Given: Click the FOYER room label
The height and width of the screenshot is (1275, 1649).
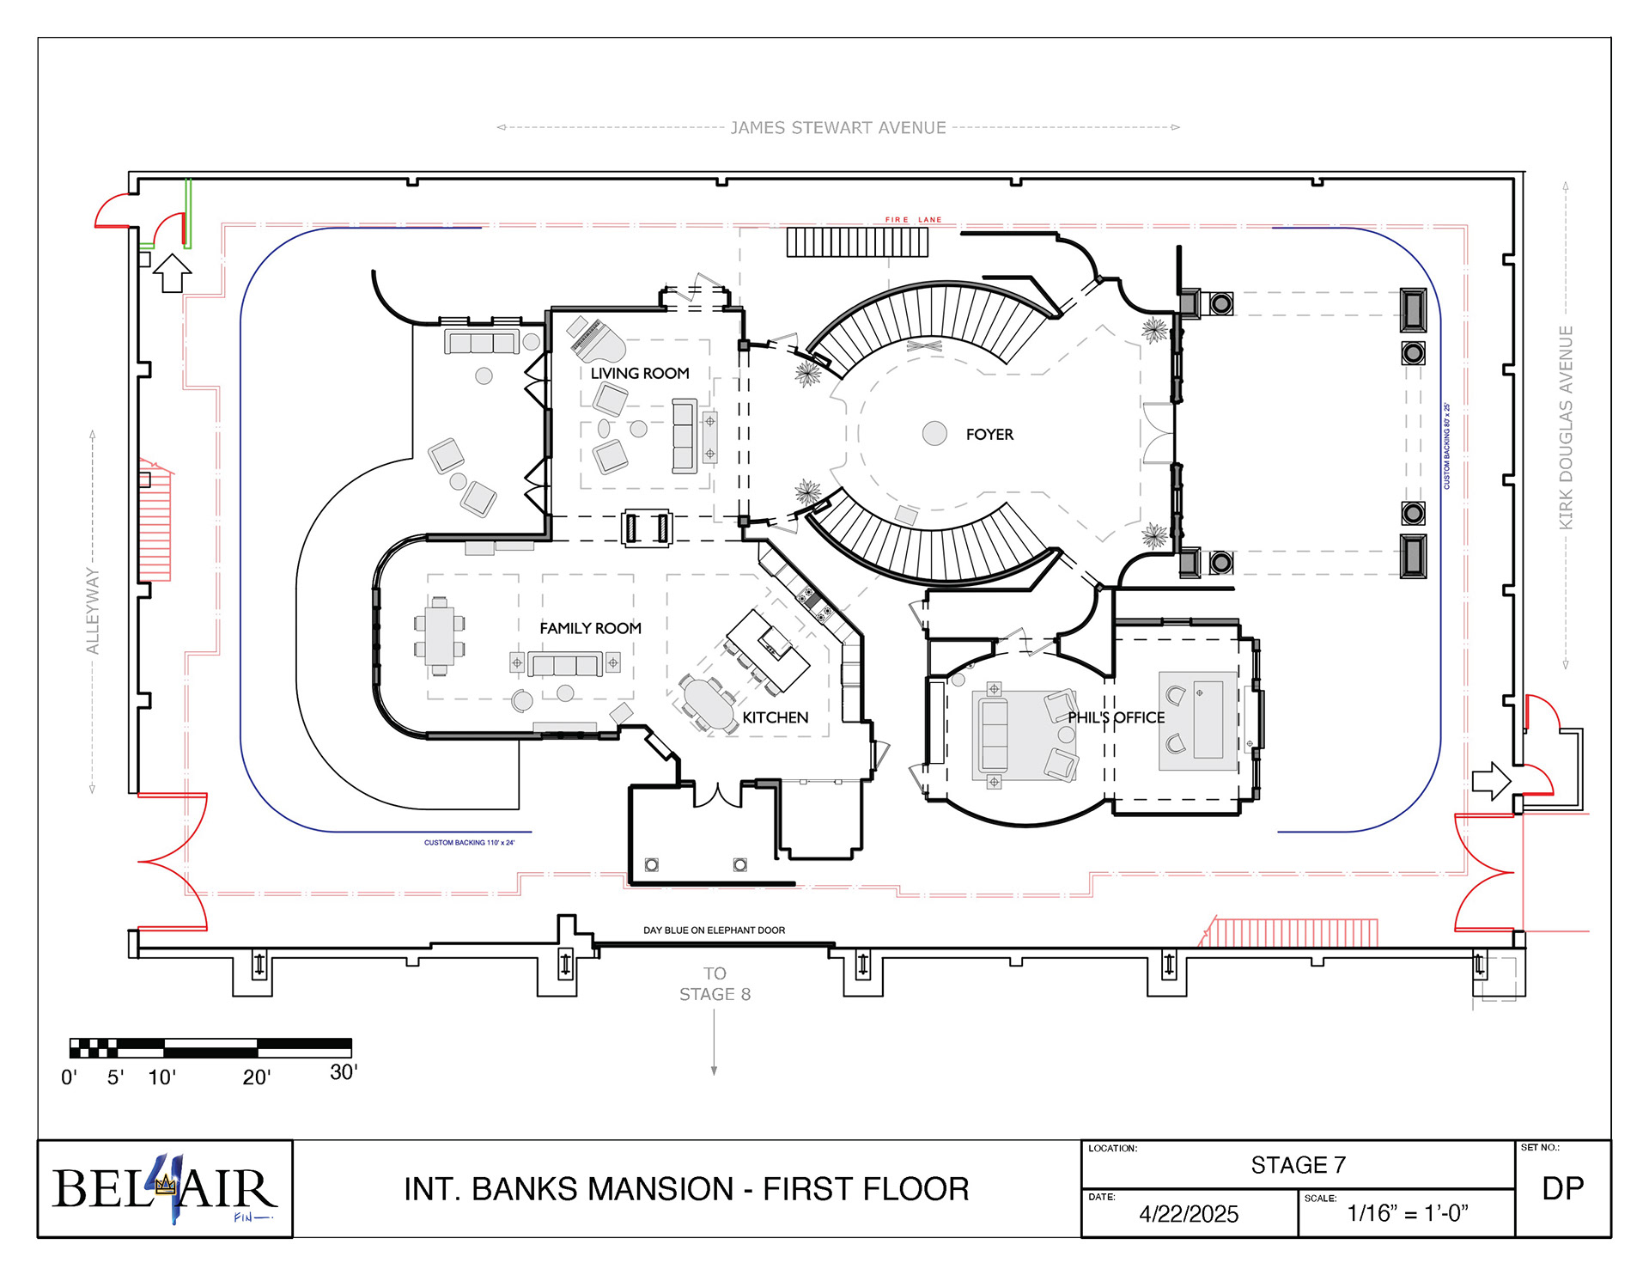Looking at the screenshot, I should click(x=989, y=435).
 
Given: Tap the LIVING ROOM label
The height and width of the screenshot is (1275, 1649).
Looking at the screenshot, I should click(x=640, y=374).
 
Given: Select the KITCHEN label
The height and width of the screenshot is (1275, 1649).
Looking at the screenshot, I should click(x=775, y=717).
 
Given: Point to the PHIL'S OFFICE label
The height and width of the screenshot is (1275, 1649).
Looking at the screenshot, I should click(x=1116, y=717).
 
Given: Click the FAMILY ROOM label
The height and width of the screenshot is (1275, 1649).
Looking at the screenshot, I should click(x=590, y=629).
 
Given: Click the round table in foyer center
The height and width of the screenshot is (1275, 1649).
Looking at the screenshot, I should click(x=934, y=433).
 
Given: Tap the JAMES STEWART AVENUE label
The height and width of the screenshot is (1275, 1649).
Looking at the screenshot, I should click(x=838, y=128).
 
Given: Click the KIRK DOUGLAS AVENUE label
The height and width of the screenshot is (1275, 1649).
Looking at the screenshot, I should click(x=1566, y=427).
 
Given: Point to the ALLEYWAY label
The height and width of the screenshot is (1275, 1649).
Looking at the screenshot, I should click(x=93, y=611).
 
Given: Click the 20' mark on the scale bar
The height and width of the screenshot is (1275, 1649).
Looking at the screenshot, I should click(x=257, y=1077).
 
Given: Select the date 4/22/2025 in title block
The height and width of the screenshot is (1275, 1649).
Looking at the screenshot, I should click(x=1189, y=1214).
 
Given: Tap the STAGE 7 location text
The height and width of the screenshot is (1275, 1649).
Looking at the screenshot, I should click(x=1298, y=1165).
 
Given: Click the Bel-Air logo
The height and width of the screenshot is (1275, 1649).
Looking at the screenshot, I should click(x=164, y=1189).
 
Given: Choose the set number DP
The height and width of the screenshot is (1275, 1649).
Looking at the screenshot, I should click(x=1562, y=1189).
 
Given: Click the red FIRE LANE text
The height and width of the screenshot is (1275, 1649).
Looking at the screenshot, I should click(x=913, y=220).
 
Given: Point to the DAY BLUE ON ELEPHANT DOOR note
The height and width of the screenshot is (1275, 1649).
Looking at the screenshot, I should click(x=714, y=930).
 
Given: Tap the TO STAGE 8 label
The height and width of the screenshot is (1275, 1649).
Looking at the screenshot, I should click(x=715, y=985).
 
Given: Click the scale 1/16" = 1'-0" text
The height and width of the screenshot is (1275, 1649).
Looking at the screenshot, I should click(x=1408, y=1214).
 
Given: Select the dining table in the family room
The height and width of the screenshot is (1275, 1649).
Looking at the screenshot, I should click(x=439, y=636).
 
